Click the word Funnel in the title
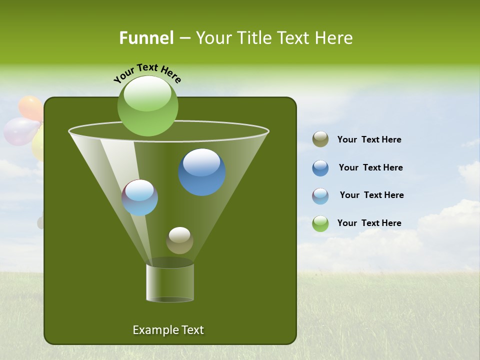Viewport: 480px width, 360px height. click(x=146, y=38)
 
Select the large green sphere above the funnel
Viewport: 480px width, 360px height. click(x=147, y=106)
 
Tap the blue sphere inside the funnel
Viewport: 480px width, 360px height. click(x=202, y=172)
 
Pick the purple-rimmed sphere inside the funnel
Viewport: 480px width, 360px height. click(x=140, y=197)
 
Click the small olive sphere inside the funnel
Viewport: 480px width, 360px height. click(x=179, y=240)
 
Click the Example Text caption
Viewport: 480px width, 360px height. click(x=168, y=330)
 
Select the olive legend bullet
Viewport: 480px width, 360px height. click(x=320, y=139)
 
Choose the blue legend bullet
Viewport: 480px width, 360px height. click(x=320, y=168)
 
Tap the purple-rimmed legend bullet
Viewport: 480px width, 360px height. click(x=320, y=195)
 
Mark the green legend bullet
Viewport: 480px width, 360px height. click(x=320, y=223)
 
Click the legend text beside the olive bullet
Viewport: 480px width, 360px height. click(x=369, y=140)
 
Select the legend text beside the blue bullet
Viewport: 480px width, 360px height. click(x=370, y=167)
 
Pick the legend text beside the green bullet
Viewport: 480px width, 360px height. click(x=369, y=223)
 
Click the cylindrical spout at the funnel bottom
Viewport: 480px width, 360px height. click(x=170, y=282)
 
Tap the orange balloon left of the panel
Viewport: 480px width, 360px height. click(x=30, y=107)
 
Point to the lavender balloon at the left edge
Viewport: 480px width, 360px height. click(x=20, y=131)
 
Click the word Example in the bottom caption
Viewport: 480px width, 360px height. click(x=151, y=330)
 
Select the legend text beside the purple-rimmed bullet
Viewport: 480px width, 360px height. click(x=371, y=195)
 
